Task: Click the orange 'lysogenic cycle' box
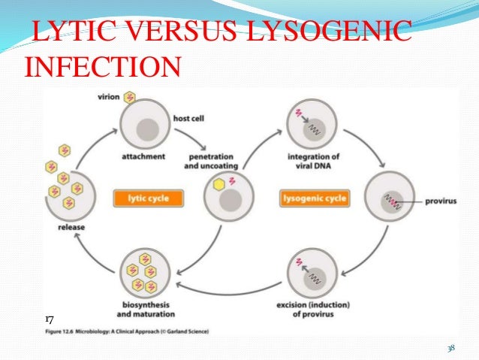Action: (314, 199)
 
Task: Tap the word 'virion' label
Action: (110, 97)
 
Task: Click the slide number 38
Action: (450, 348)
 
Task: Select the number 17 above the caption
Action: (49, 320)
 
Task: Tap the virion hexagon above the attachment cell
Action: (130, 97)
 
